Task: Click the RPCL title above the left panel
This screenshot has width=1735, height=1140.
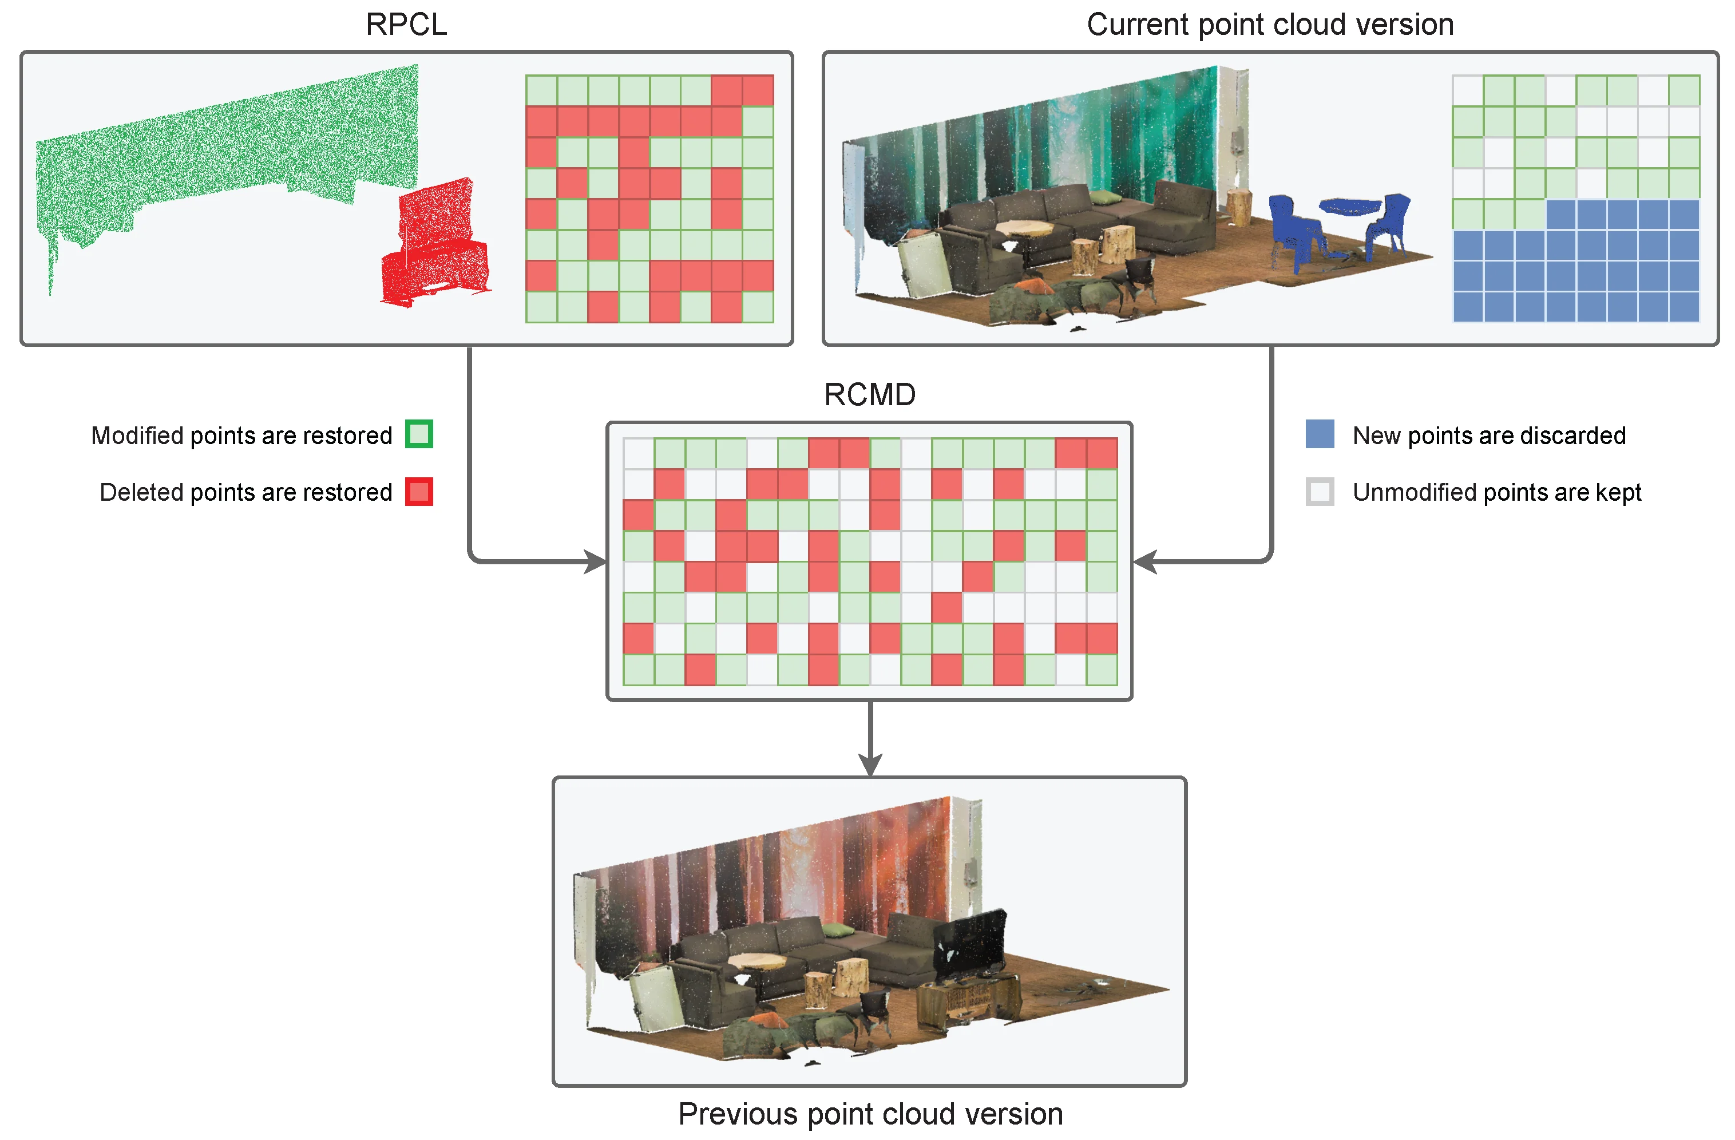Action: click(x=406, y=25)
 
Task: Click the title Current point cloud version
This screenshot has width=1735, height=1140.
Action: click(x=1269, y=25)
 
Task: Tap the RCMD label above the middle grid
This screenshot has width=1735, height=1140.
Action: click(x=869, y=395)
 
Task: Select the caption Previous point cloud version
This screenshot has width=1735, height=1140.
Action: click(x=870, y=1114)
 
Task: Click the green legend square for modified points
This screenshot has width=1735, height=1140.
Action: click(x=419, y=434)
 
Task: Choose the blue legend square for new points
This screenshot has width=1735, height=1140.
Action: click(x=1320, y=434)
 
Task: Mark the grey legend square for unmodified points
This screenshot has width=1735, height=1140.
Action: click(x=1320, y=492)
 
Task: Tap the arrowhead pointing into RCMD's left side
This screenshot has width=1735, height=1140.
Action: click(x=596, y=562)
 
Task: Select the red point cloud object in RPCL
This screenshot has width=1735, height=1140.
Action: click(x=436, y=244)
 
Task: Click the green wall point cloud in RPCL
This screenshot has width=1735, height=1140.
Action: click(x=226, y=153)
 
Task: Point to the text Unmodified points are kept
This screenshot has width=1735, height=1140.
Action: click(x=1496, y=493)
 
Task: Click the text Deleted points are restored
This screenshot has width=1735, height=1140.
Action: click(x=245, y=493)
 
